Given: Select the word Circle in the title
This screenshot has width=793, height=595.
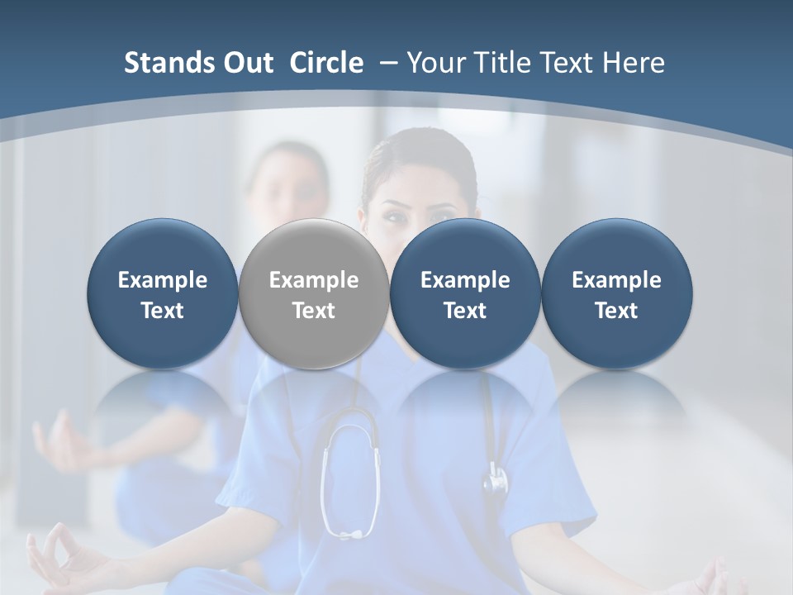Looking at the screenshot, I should point(326,63).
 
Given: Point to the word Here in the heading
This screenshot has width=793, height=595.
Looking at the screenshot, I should point(634,63).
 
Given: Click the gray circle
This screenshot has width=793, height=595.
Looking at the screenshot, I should point(314,294).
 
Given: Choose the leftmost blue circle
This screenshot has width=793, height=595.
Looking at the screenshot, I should point(163,294).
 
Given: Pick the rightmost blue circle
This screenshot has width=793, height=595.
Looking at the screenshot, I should point(616,294).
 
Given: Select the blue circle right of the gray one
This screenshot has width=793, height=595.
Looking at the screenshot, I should point(465,294).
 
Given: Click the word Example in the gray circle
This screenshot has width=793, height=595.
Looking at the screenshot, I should point(314,280).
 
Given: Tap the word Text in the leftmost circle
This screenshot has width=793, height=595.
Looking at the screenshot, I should point(163,311).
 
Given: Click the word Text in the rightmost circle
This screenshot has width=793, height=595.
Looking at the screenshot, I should point(616,311).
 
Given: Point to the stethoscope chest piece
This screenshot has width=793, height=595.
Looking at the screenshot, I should point(496,479).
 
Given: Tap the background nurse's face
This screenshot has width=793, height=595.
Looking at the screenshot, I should point(285,186).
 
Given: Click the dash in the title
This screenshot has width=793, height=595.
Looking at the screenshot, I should point(386,63).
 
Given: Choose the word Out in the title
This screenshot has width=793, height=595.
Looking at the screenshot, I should point(249,63).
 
